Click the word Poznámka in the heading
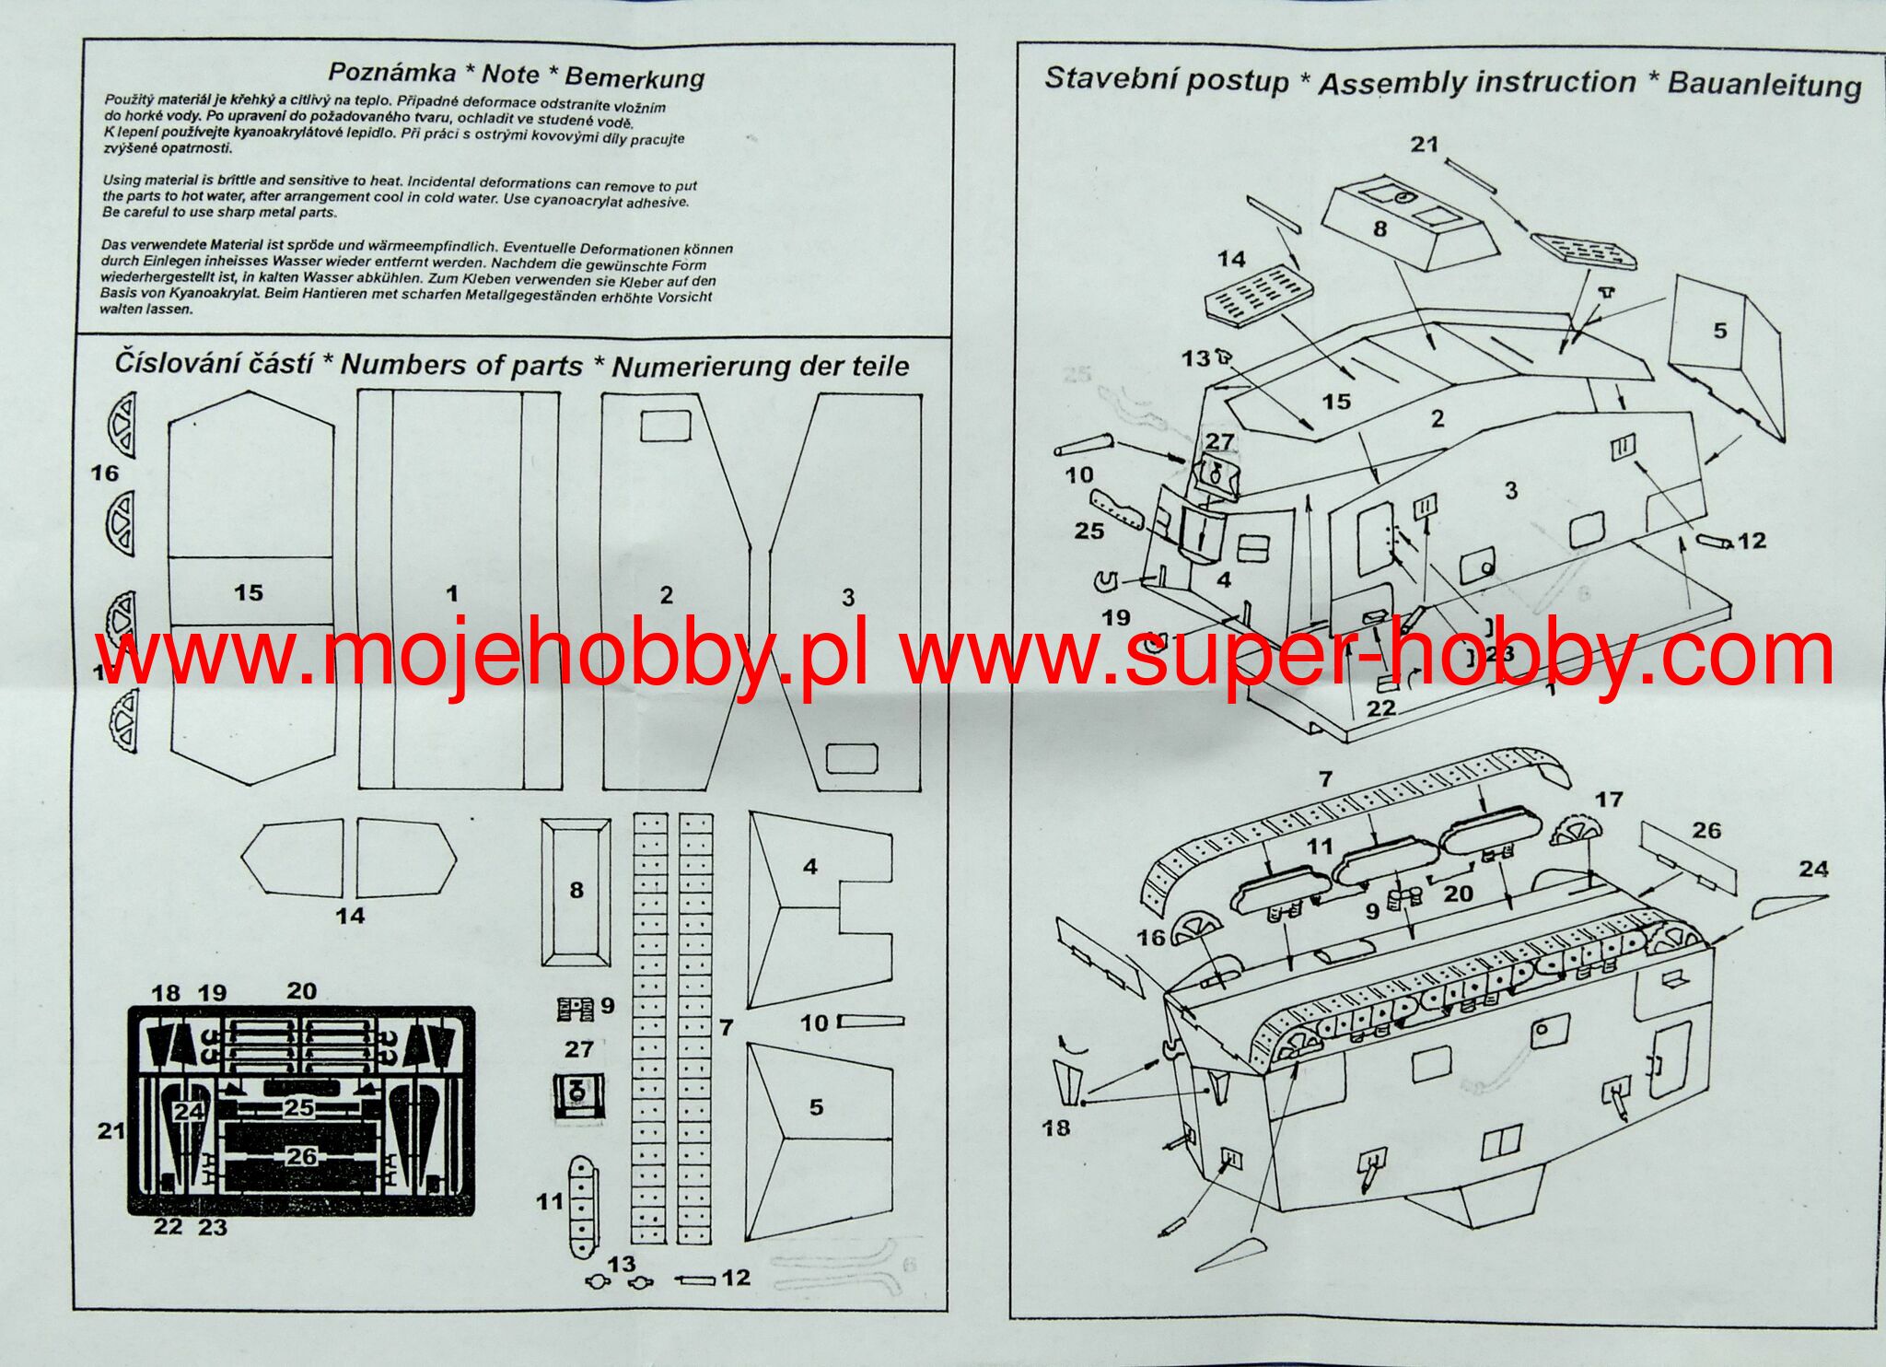tap(391, 73)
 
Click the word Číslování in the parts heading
tap(214, 363)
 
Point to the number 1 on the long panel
tap(451, 594)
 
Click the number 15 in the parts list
tap(249, 592)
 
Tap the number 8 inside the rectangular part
tap(576, 890)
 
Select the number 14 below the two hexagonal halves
tap(350, 916)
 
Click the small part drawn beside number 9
tap(575, 1009)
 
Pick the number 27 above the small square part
tap(579, 1049)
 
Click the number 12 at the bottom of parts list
tap(736, 1278)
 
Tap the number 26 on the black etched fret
tap(301, 1156)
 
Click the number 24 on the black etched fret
tap(189, 1112)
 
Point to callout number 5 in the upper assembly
tap(1719, 330)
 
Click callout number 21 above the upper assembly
tap(1424, 144)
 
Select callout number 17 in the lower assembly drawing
tap(1609, 800)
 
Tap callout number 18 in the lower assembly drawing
tap(1056, 1127)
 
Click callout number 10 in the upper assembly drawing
tap(1078, 474)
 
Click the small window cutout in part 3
tap(851, 758)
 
